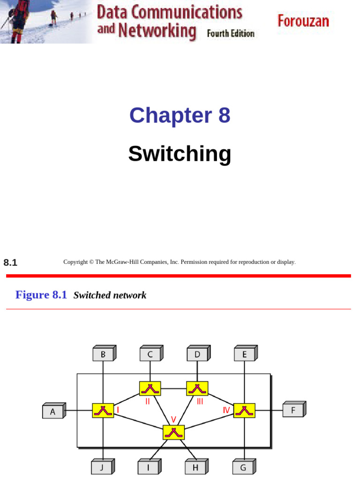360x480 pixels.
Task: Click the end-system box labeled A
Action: [53, 412]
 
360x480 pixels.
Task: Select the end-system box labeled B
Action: [103, 354]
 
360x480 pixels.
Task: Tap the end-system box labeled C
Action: [150, 354]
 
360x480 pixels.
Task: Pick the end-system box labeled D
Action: [197, 354]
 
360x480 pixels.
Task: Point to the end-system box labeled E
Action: [245, 354]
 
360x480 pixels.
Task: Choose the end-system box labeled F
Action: [293, 410]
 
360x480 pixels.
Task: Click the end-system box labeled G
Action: [243, 467]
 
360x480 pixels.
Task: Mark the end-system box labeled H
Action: [195, 467]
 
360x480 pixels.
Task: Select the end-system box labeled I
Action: [148, 467]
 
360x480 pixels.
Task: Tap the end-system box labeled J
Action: [102, 467]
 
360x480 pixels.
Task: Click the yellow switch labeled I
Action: [103, 411]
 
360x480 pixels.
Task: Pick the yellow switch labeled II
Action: [150, 389]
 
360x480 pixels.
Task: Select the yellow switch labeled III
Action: [197, 389]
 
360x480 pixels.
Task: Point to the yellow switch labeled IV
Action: [244, 411]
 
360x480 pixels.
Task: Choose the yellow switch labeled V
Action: [173, 432]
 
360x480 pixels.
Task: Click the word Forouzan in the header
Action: [303, 21]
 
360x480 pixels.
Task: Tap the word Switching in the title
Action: [180, 154]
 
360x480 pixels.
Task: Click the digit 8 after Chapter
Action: [224, 115]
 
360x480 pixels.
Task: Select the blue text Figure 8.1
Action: [41, 295]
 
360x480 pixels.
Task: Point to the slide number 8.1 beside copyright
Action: [10, 263]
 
